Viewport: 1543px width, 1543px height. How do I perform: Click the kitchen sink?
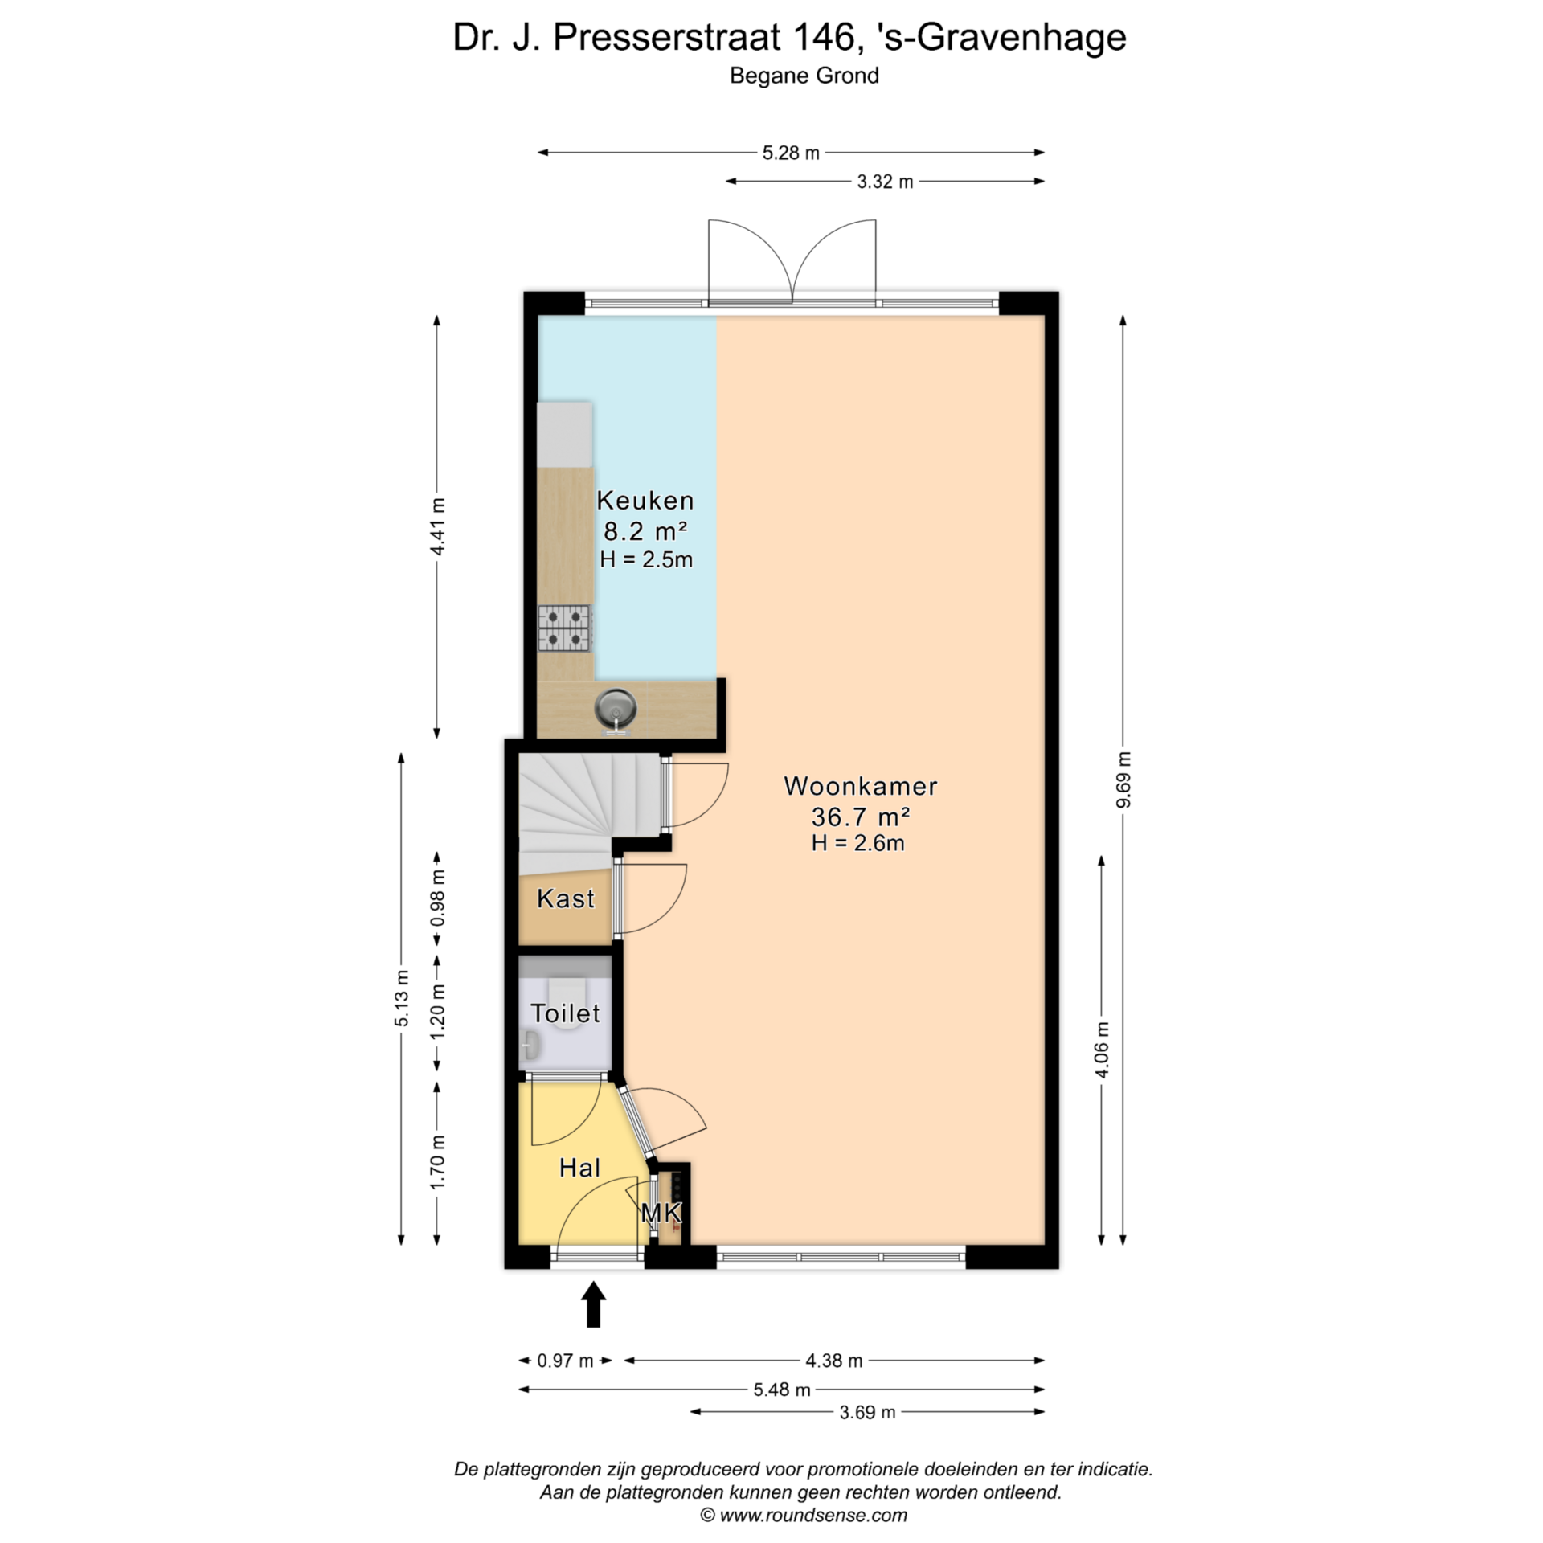point(616,710)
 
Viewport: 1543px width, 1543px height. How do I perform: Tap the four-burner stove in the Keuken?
point(564,628)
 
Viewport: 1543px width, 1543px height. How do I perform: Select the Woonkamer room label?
point(860,786)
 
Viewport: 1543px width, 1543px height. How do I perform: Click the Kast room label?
point(566,898)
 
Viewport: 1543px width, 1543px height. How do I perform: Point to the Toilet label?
point(565,1013)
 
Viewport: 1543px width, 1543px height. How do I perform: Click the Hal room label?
point(579,1168)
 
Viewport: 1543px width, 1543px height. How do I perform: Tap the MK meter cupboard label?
point(661,1213)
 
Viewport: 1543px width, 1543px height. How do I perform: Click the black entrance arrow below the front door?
point(593,1304)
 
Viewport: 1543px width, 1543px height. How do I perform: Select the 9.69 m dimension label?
point(1123,780)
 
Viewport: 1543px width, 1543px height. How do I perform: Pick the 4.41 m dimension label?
point(437,526)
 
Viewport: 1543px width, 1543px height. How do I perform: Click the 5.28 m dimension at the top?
point(791,153)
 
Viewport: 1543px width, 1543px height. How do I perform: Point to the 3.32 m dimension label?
point(885,182)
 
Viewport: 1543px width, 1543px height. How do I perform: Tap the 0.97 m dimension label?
point(565,1361)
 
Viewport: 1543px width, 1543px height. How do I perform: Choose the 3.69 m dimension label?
point(867,1412)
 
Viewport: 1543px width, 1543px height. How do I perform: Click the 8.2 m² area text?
point(645,531)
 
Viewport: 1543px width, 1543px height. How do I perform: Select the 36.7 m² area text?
point(860,817)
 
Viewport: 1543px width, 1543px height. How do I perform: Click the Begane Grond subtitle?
point(804,76)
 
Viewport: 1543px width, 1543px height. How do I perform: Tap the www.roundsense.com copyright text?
point(804,1516)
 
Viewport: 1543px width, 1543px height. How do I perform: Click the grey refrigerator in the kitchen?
point(564,435)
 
